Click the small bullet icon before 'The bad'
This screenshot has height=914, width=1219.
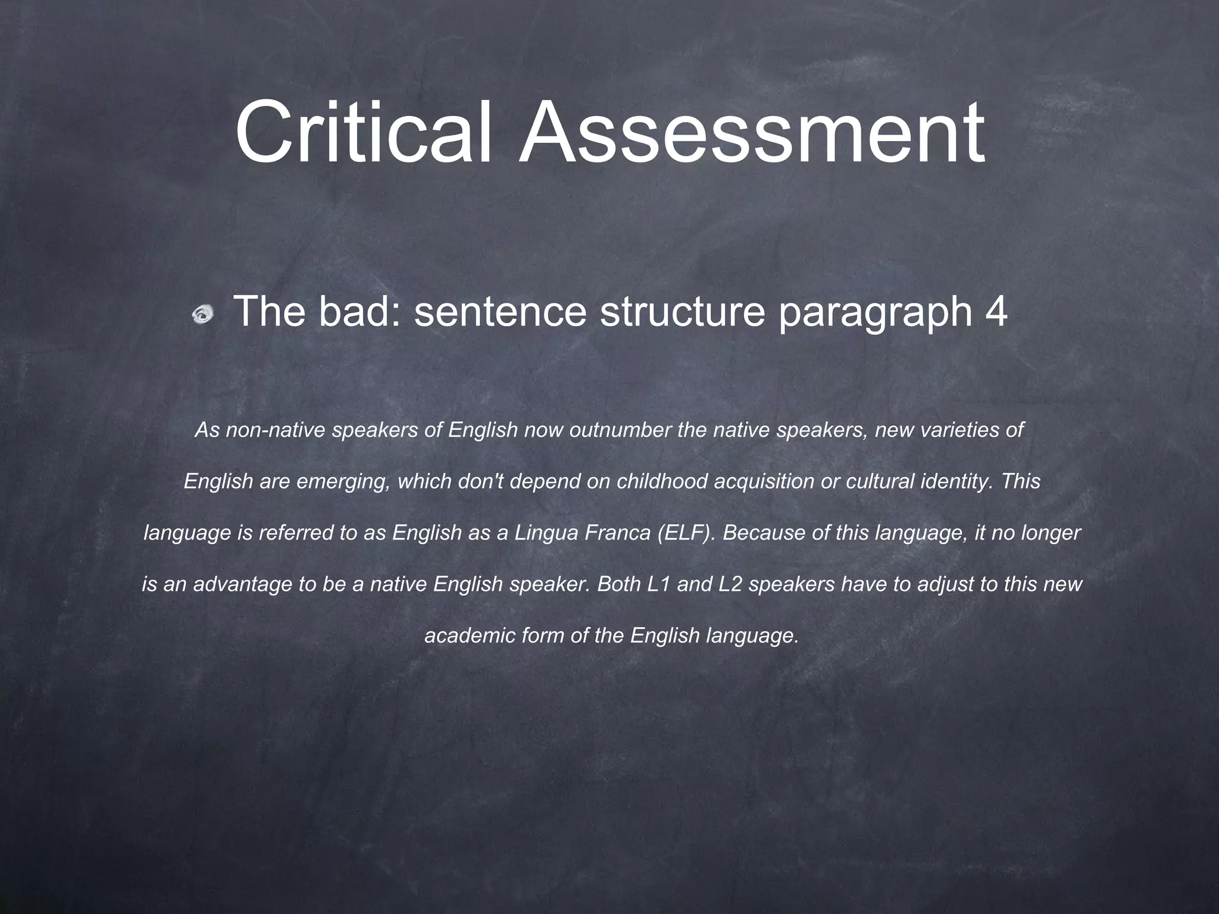click(203, 314)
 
